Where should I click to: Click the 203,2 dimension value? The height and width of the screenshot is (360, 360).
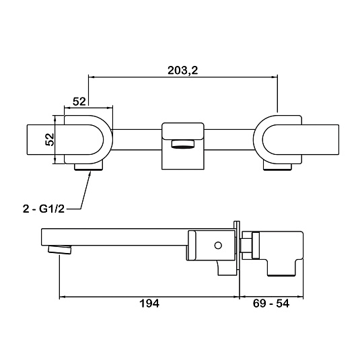coord(182,70)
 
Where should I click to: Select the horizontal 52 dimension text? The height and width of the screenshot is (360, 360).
coord(79,101)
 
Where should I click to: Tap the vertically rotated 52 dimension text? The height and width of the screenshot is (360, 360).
coord(50,139)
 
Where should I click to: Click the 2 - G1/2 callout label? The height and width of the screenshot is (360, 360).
coord(44,209)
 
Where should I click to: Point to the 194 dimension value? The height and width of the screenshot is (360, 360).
coord(149,303)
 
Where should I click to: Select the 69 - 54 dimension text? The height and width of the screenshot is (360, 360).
coord(271,303)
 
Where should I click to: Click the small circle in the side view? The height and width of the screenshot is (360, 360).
coord(218,246)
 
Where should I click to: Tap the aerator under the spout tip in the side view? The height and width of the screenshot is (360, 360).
coord(59,250)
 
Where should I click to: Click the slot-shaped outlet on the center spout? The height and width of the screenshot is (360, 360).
coord(183,144)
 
